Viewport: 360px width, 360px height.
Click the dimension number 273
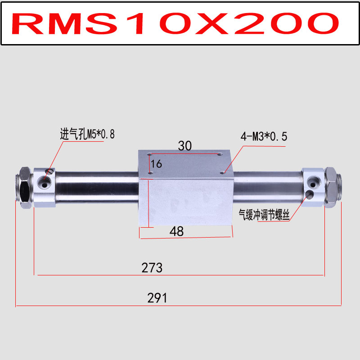pyautogui.click(x=152, y=268)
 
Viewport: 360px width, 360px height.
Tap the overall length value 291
pyautogui.click(x=157, y=298)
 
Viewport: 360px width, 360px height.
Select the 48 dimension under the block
pyautogui.click(x=176, y=232)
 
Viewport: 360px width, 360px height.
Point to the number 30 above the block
pyautogui.click(x=184, y=146)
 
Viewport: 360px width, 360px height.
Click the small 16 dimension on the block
pyautogui.click(x=156, y=164)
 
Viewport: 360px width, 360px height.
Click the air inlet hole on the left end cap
pyautogui.click(x=45, y=182)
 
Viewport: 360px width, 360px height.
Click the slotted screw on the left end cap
pyautogui.click(x=49, y=171)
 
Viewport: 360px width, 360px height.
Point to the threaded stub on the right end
pyautogui.click(x=341, y=184)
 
